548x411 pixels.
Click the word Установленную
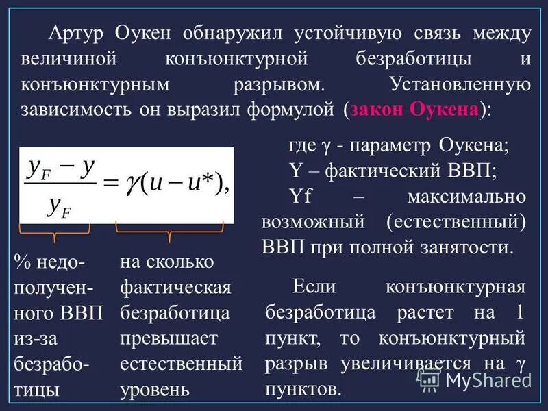coord(460,86)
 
